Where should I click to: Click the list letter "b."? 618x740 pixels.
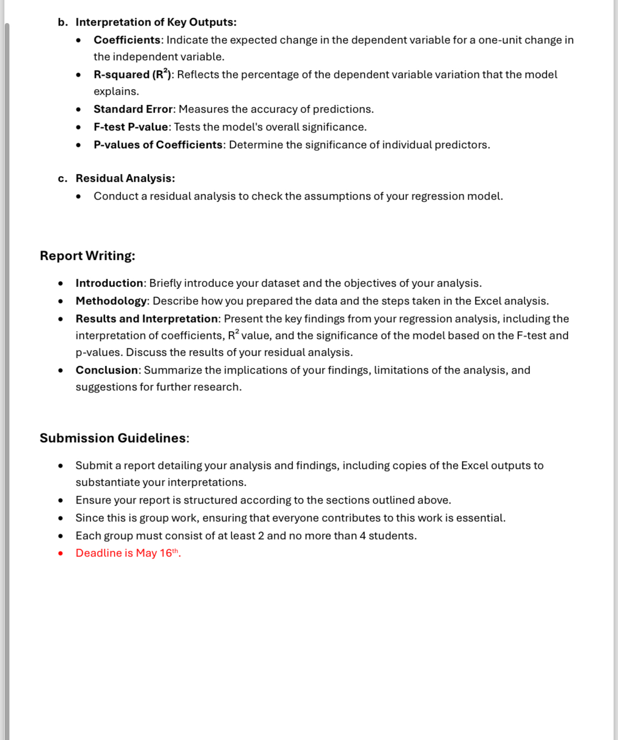62,23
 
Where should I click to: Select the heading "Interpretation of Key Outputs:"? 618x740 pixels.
156,23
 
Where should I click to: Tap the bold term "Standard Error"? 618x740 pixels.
133,110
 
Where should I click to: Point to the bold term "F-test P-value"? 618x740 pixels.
131,127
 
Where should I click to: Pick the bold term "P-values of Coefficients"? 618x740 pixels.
158,145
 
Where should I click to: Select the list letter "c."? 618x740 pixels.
62,179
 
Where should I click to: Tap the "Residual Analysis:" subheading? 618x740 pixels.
125,179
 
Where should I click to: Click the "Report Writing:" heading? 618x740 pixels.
88,256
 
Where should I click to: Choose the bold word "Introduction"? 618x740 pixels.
110,284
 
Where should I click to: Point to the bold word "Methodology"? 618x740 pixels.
111,301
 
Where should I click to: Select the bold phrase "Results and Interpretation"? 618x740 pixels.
147,319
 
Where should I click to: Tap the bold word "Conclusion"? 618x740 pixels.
107,371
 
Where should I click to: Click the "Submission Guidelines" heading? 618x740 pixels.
113,438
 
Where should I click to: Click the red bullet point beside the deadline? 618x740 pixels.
61,553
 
